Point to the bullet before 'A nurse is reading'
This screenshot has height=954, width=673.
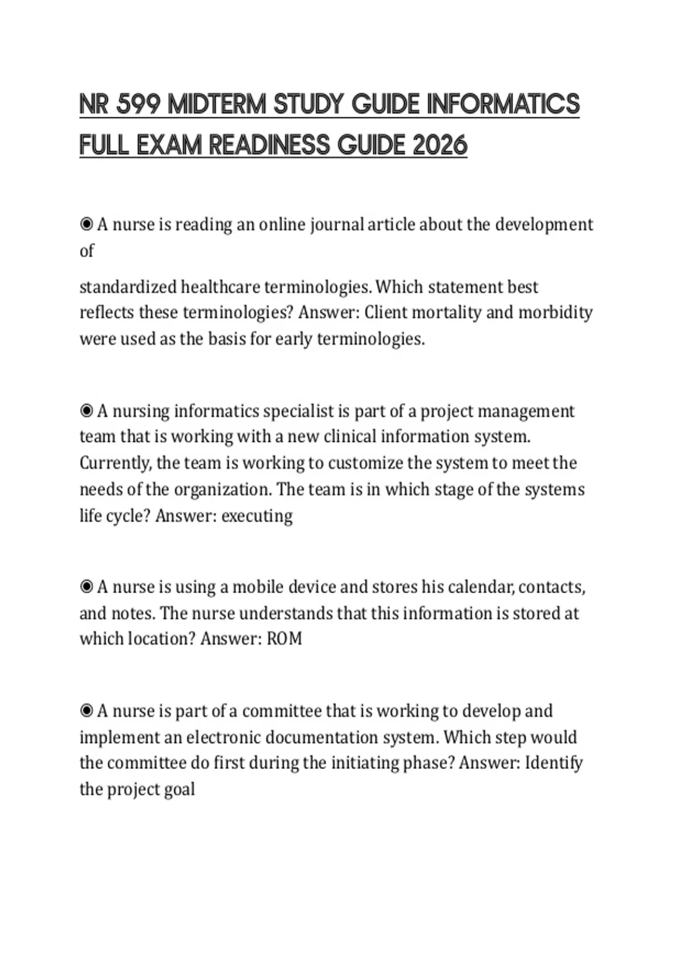tap(86, 224)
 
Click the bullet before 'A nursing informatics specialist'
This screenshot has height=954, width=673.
tap(86, 411)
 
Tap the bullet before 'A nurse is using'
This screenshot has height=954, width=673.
tap(86, 587)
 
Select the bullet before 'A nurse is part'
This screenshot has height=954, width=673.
tap(86, 711)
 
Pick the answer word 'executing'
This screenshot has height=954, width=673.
tap(257, 516)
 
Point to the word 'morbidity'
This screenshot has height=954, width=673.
tap(555, 312)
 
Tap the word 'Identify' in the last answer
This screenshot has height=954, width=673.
tap(553, 763)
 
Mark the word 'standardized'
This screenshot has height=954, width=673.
tap(128, 287)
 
